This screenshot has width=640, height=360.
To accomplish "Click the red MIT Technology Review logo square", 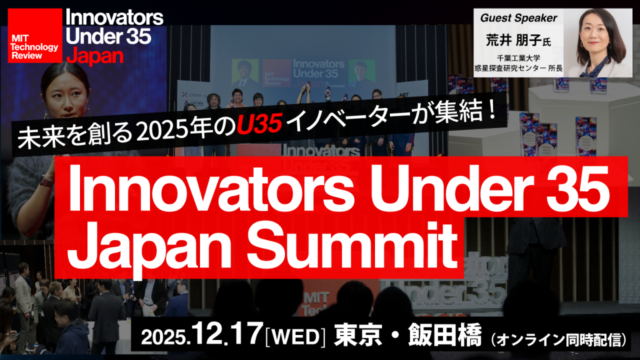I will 34,36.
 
